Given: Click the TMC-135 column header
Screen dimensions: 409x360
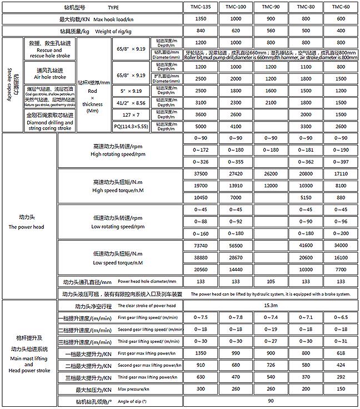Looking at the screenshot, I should click(x=201, y=7).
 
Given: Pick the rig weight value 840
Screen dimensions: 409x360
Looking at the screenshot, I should click(x=201, y=31).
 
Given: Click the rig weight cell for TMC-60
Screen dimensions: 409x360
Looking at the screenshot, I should click(x=341, y=31).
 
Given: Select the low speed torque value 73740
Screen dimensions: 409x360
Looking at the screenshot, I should click(x=201, y=245).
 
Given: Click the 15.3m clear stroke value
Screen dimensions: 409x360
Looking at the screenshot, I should click(x=271, y=306).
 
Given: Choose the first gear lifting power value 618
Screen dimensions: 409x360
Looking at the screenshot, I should click(x=341, y=353).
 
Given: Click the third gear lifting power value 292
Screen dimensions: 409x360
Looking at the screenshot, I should click(x=341, y=377).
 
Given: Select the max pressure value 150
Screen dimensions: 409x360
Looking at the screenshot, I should click(x=341, y=389).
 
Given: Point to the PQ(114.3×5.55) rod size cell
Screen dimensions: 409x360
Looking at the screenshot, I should click(x=131, y=127).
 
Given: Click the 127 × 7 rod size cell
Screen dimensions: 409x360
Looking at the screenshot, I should click(x=131, y=114).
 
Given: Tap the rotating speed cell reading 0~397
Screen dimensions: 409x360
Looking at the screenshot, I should click(x=341, y=162).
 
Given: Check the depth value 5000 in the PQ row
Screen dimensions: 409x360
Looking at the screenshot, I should click(x=201, y=127).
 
